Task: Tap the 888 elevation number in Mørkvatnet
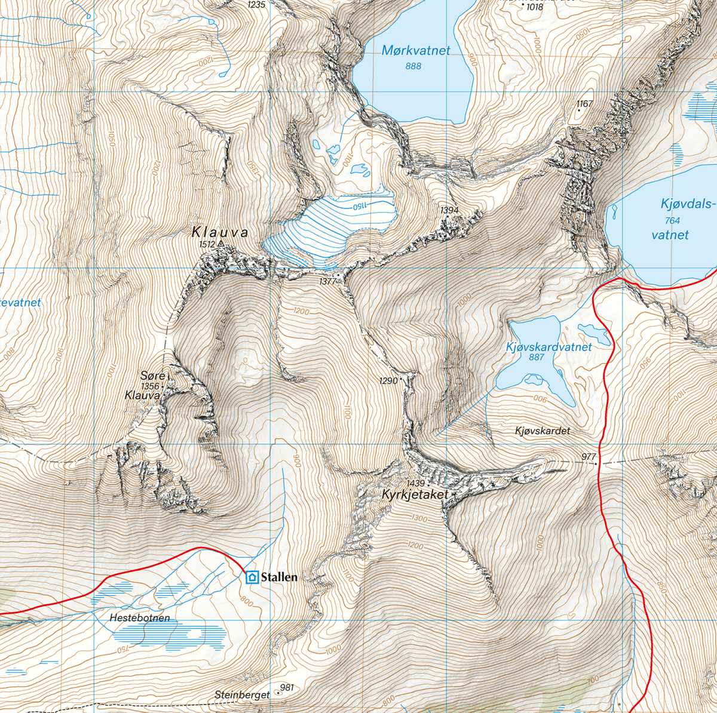(413, 66)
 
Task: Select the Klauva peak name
(219, 232)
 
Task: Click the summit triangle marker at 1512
(221, 244)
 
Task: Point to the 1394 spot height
(449, 210)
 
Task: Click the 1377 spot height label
(328, 281)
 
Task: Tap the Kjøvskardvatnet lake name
(549, 347)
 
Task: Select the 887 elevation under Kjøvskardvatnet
(537, 358)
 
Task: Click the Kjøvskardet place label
(543, 431)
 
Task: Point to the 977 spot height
(589, 457)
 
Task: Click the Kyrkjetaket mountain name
(415, 494)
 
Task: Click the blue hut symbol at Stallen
(252, 577)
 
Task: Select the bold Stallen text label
(279, 577)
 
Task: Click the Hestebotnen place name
(136, 618)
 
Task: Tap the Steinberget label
(242, 695)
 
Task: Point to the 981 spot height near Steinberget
(287, 688)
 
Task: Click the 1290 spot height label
(388, 380)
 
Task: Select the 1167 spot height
(585, 104)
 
